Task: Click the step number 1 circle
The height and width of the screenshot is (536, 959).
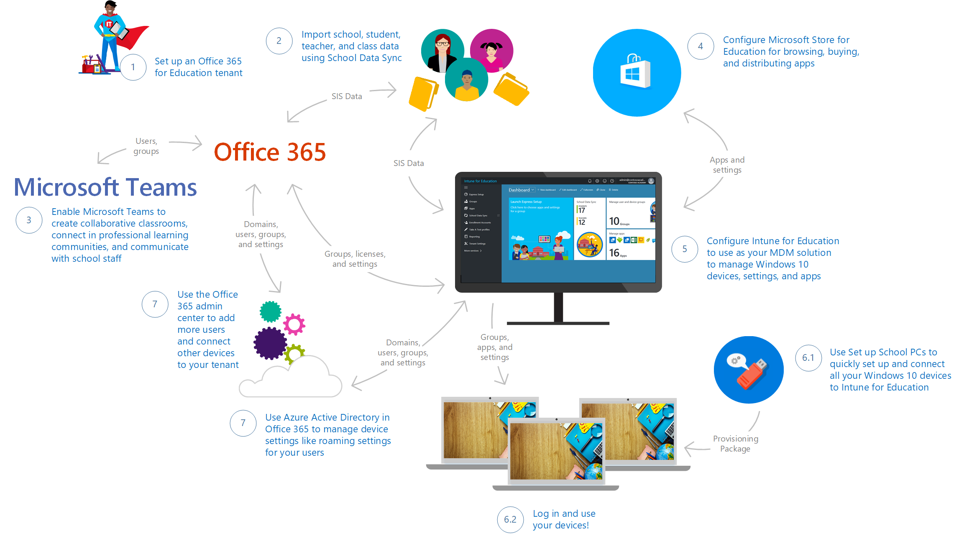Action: (133, 67)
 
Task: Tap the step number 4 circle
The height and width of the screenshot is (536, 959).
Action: (700, 46)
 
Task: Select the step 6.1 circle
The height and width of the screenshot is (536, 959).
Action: (808, 358)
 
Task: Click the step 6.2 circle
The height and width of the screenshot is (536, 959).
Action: (510, 519)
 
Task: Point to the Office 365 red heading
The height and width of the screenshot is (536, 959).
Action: (270, 152)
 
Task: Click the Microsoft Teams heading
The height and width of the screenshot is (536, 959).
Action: (105, 187)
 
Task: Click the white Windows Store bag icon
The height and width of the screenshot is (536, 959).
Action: (635, 72)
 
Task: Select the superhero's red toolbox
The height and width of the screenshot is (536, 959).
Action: (93, 66)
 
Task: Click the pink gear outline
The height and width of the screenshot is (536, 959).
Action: (294, 324)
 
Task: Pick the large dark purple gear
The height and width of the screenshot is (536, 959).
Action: (270, 343)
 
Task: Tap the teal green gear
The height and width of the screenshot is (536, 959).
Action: (271, 311)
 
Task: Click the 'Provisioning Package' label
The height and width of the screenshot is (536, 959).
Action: (735, 444)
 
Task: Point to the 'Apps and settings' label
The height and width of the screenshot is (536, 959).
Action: (727, 165)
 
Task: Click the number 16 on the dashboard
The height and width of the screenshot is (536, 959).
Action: (614, 253)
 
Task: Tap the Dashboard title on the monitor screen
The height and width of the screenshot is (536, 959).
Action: (519, 190)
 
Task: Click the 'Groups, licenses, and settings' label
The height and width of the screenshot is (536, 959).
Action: (355, 259)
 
